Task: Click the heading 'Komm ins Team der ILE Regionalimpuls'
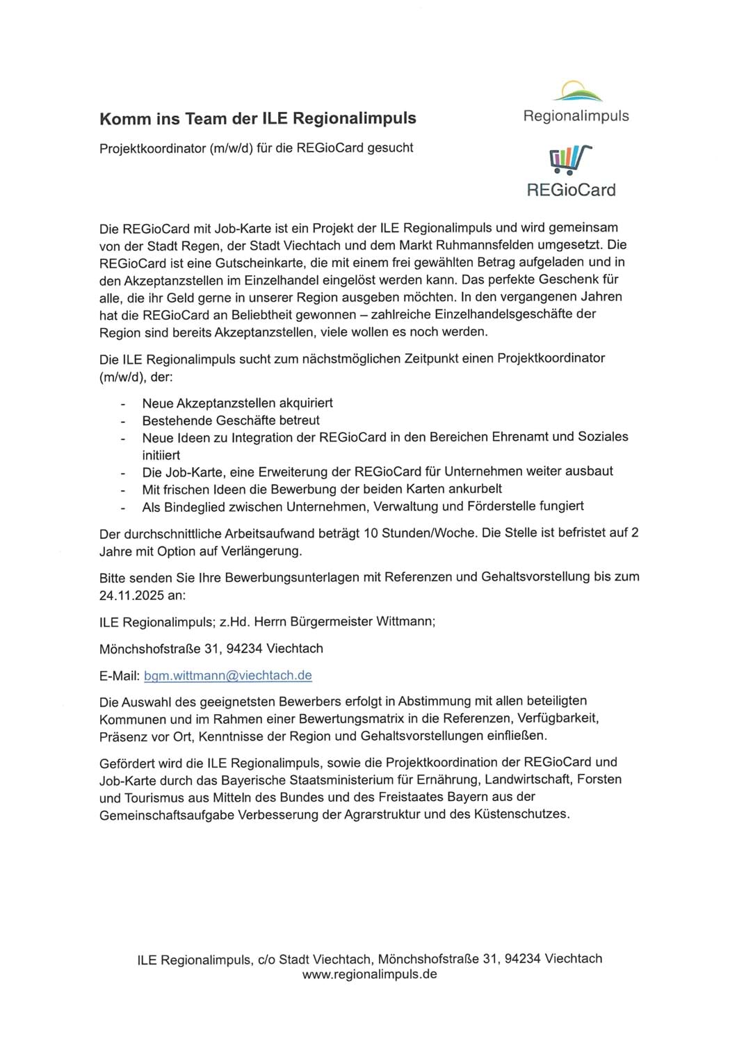coord(257,118)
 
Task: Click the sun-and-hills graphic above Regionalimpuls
coord(581,92)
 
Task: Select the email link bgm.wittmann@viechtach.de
coord(227,675)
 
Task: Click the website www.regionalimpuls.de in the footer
coord(369,974)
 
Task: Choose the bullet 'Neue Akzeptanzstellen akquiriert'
coord(237,403)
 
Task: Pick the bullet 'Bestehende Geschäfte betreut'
coord(231,420)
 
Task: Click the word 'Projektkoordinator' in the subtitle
coord(152,147)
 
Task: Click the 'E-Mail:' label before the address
coord(120,675)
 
